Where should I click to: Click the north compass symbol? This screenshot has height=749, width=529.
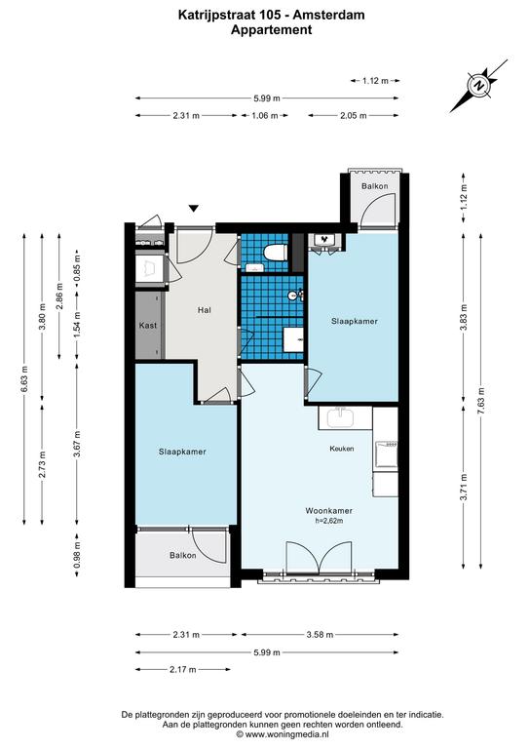click(x=478, y=86)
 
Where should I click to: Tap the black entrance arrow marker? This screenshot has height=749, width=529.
click(x=193, y=209)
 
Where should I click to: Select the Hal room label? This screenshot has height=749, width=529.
click(x=205, y=310)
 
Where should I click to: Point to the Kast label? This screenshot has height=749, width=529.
click(x=148, y=326)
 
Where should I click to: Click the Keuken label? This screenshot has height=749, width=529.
click(x=342, y=449)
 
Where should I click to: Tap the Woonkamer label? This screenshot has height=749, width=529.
click(x=329, y=511)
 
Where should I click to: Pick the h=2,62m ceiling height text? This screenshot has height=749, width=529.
click(x=329, y=521)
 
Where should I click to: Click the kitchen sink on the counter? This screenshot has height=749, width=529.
click(x=340, y=417)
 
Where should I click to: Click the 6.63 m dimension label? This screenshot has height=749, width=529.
click(x=24, y=379)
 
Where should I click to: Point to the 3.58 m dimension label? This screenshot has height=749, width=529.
click(x=320, y=635)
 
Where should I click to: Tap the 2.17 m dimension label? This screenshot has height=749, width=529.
click(x=183, y=670)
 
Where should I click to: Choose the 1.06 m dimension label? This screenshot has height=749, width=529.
click(x=264, y=116)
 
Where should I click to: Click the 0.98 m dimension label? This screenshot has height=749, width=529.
click(x=77, y=556)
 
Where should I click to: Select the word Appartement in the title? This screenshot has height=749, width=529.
click(x=272, y=29)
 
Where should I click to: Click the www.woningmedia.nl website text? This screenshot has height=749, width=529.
click(x=286, y=734)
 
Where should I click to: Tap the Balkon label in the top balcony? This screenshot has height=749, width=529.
click(x=374, y=186)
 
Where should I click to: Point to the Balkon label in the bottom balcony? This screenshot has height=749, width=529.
click(x=183, y=556)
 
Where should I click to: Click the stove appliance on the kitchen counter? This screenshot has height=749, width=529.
click(x=386, y=454)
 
